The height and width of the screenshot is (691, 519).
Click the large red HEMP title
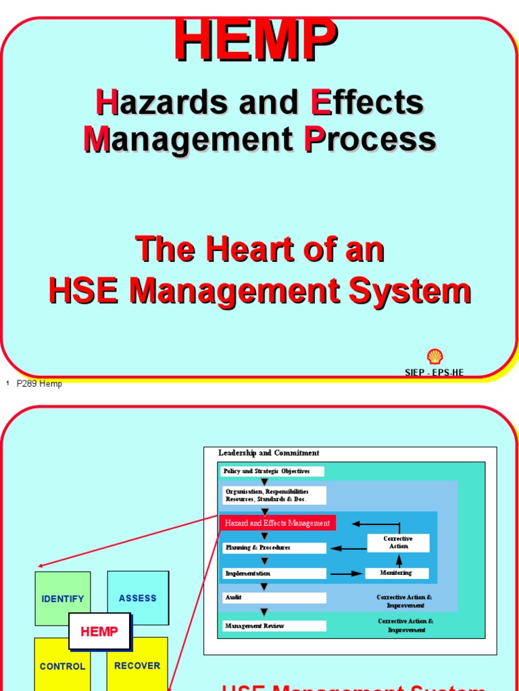point(255,42)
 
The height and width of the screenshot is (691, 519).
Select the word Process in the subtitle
point(370,139)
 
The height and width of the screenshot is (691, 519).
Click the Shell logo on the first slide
point(435,357)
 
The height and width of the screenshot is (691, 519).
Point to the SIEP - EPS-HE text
point(434,372)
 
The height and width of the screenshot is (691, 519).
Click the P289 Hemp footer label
point(39,384)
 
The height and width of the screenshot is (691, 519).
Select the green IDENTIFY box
point(63,598)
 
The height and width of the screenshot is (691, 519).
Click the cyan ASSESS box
point(138,598)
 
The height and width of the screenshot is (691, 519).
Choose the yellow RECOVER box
point(137,666)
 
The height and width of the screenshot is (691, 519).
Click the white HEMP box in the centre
point(99,632)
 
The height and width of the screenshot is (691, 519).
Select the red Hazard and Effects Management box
point(277,523)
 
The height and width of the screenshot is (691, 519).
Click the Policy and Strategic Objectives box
point(272,471)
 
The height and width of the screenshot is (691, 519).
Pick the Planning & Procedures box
point(274,548)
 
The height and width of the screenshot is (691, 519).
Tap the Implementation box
point(274,574)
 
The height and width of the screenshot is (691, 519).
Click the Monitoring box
point(397,573)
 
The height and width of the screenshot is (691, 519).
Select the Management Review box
point(274,626)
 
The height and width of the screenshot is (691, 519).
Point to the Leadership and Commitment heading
point(268,453)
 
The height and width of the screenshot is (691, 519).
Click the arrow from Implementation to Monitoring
point(346,574)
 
